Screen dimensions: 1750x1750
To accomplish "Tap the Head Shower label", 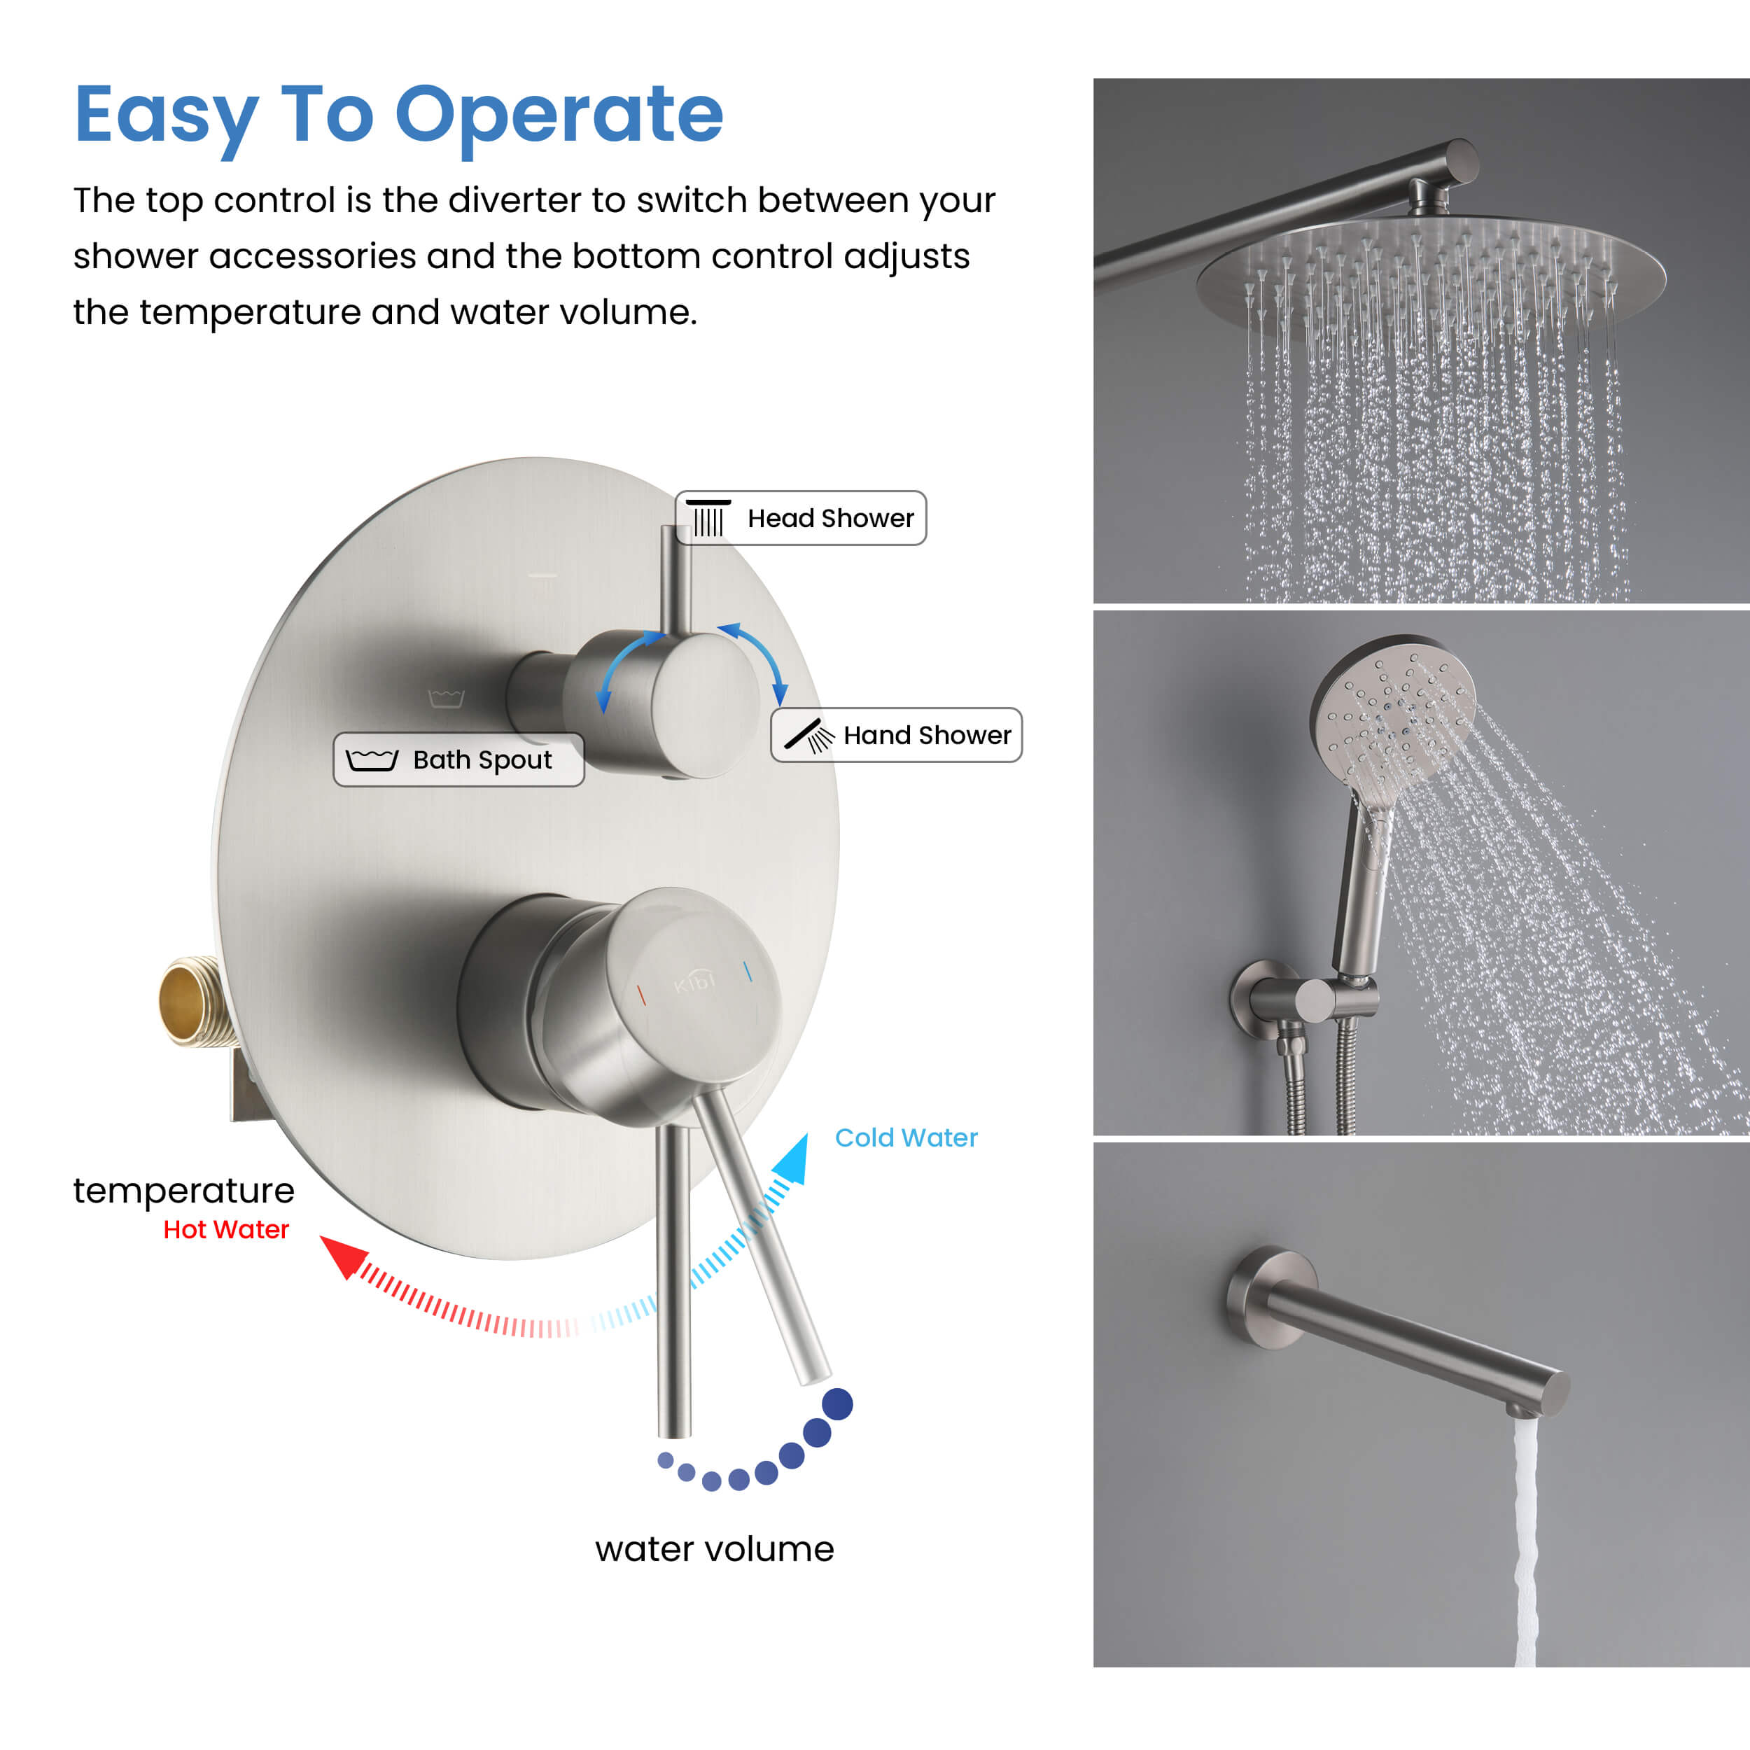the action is (801, 518).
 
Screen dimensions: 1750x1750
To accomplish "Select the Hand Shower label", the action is (896, 734).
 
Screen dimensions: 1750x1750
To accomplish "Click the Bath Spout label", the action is (458, 759).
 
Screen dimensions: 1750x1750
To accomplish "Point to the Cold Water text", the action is (906, 1137).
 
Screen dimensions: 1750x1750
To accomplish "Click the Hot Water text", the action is (225, 1229).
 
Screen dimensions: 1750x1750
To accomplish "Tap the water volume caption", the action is (714, 1549).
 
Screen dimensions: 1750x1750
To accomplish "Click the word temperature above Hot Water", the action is (184, 1190).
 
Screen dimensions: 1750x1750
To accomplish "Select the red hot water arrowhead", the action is (342, 1255).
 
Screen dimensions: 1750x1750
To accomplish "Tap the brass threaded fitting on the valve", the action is (191, 1002).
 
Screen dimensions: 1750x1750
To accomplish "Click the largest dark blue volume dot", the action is (837, 1404).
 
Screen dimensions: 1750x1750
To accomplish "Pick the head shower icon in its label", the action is (708, 517).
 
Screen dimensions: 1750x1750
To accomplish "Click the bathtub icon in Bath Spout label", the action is (372, 759).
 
